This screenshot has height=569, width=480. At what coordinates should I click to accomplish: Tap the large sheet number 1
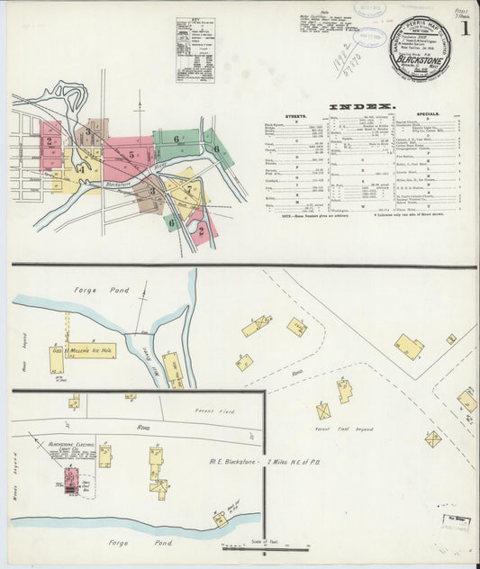click(464, 30)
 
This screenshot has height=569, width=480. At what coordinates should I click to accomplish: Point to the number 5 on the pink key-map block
click(131, 155)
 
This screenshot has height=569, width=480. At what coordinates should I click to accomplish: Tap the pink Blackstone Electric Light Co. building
click(69, 476)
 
